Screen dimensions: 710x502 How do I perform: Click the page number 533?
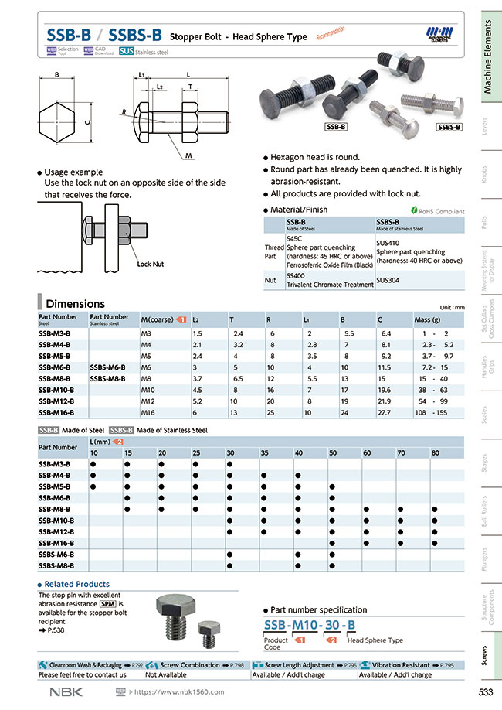point(476,691)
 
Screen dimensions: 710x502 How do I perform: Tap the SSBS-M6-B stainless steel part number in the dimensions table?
point(107,367)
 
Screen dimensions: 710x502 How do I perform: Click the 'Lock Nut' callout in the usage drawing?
point(150,264)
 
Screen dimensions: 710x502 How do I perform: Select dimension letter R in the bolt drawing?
point(123,112)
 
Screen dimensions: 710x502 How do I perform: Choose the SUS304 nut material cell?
point(388,280)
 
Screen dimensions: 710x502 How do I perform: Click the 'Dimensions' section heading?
point(75,303)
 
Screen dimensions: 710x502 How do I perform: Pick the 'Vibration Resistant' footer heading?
point(402,664)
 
